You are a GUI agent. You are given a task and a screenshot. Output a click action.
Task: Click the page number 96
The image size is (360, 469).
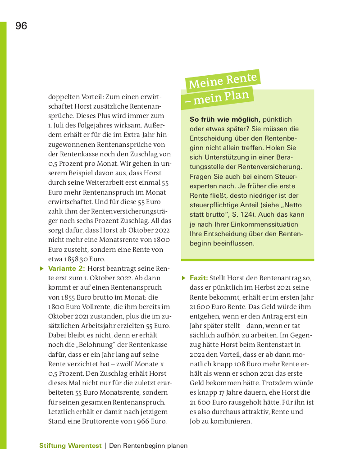[21, 26]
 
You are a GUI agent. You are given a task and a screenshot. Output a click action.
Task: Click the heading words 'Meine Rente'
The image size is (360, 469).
[223, 80]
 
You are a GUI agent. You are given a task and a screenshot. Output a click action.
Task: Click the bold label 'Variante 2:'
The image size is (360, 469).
[66, 269]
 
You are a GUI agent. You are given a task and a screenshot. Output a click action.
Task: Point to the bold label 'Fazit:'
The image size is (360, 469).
[199, 278]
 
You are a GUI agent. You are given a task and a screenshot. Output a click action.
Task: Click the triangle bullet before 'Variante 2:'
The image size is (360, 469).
[42, 269]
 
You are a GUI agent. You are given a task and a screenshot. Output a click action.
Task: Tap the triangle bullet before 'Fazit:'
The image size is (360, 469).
[183, 278]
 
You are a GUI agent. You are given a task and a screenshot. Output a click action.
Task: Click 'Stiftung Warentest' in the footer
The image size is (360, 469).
[70, 446]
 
